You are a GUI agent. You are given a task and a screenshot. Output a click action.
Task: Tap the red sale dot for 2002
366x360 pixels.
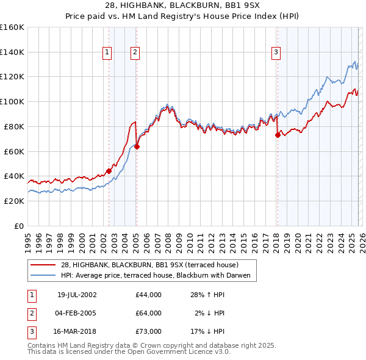coord(109,171)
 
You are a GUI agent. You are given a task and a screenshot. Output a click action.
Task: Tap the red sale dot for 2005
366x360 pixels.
coord(137,146)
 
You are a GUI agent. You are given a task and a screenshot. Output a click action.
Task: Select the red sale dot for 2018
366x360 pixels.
coord(278,135)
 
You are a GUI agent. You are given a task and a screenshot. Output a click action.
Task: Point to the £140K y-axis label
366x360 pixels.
coord(13,52)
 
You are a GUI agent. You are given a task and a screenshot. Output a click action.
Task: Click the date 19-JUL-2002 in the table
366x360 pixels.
coord(77,295)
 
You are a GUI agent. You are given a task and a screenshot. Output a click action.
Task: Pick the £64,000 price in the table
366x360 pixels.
coord(149,313)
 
